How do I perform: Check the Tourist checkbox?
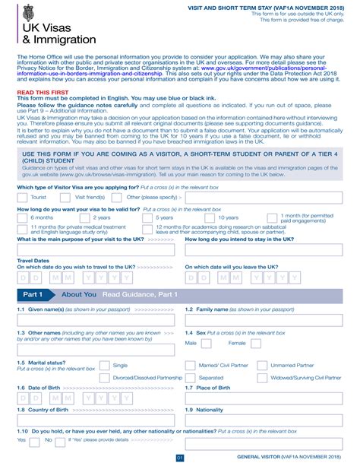[x=22, y=197]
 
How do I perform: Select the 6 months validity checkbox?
[x=22, y=217]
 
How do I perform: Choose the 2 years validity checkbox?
[x=82, y=217]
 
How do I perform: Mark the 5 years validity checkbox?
[x=146, y=217]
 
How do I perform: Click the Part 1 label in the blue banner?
[x=33, y=294]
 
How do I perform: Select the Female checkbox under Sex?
[x=256, y=344]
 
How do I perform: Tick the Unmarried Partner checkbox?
[x=261, y=366]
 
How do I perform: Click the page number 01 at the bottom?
[x=180, y=458]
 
